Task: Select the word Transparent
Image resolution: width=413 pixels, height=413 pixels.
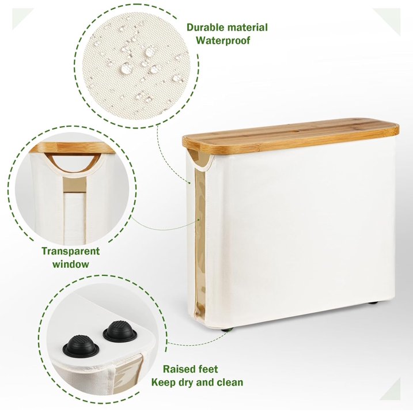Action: click(x=70, y=251)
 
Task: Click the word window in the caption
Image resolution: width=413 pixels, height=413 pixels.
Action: click(x=70, y=264)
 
